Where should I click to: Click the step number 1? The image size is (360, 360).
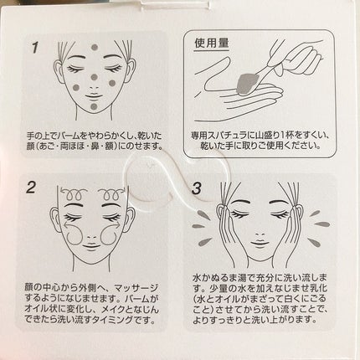click(35, 48)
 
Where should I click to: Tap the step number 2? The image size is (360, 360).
click(31, 188)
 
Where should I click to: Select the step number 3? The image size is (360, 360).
click(197, 188)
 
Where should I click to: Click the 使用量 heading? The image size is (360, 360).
click(212, 44)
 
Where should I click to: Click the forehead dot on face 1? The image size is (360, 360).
click(95, 47)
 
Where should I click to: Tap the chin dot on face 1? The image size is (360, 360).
click(95, 106)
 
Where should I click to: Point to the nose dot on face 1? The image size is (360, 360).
click(95, 77)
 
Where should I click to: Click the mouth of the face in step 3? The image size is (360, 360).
click(260, 243)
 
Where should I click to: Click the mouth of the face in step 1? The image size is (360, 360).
click(95, 96)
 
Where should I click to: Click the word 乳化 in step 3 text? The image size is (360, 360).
click(320, 288)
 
